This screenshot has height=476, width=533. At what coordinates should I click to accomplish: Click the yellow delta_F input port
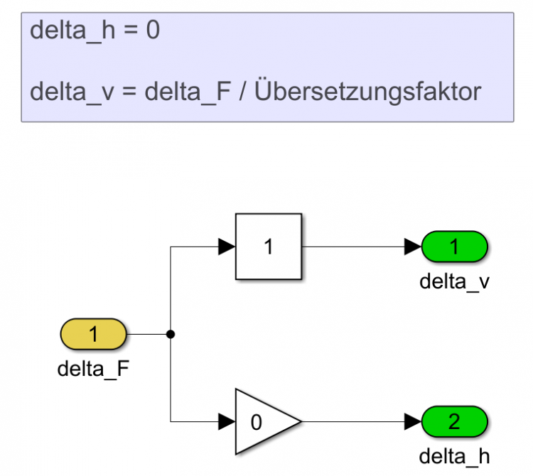(x=93, y=333)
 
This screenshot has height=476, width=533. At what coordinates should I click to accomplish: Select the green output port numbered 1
(x=454, y=247)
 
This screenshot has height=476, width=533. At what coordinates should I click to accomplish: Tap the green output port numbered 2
(x=454, y=421)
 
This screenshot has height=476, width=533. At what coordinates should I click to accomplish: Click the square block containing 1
(x=269, y=247)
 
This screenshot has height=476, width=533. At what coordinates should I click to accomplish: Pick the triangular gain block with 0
(x=264, y=421)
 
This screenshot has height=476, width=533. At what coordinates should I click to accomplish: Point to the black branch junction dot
(x=171, y=333)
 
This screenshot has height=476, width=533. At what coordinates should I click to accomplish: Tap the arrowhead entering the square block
(x=226, y=247)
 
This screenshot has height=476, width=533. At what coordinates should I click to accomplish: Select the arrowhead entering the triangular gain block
(x=226, y=421)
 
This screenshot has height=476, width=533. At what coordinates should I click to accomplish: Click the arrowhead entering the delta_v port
(x=413, y=247)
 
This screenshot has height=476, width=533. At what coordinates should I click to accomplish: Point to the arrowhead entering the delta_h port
(x=413, y=421)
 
